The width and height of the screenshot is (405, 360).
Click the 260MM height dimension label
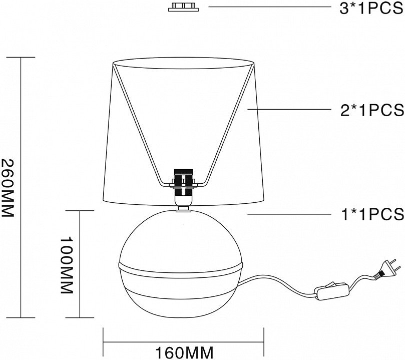pyautogui.click(x=7, y=188)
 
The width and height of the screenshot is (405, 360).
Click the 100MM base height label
pyautogui.click(x=67, y=265)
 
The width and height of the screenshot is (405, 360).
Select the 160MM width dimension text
pyautogui.click(x=184, y=353)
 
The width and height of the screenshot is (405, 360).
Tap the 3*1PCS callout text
pyautogui.click(x=371, y=9)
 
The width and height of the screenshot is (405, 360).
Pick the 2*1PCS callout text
pyautogui.click(x=372, y=110)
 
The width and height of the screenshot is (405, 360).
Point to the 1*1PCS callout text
pyautogui.click(x=372, y=214)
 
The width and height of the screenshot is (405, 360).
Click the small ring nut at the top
pyautogui.click(x=183, y=7)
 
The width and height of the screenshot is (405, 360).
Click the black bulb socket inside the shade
pyautogui.click(x=183, y=183)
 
